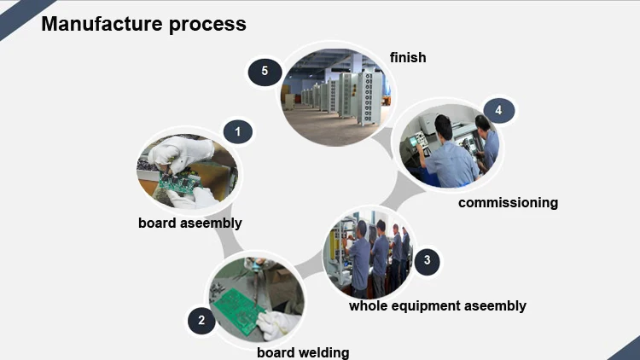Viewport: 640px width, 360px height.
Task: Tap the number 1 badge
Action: [x=238, y=131]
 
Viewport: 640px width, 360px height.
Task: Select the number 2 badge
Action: [x=201, y=321]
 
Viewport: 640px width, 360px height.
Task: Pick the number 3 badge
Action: [x=427, y=261]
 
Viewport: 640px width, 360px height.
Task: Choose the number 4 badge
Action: [x=498, y=110]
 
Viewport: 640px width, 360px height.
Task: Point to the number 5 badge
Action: [x=265, y=71]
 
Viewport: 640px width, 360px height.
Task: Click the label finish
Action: [x=408, y=57]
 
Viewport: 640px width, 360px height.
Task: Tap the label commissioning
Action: [x=508, y=202]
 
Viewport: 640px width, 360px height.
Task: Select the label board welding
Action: [x=303, y=351]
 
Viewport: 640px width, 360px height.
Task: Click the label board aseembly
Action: [x=190, y=223]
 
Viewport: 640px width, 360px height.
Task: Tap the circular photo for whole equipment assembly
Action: [x=369, y=252]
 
